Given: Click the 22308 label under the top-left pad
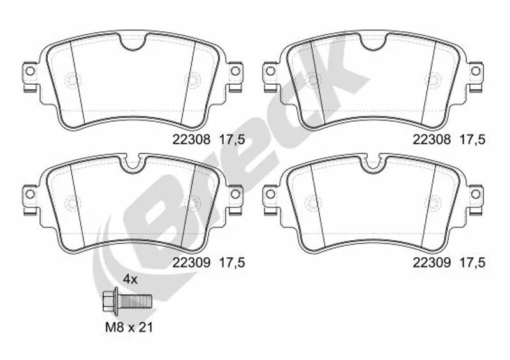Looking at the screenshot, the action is coord(192,140).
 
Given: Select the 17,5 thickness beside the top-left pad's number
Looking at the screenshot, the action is coord(232,140).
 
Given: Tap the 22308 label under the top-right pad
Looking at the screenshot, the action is coord(432,140).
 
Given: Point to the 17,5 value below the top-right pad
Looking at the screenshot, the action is coord(472,140).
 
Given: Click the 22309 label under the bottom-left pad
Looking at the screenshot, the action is coord(192,263).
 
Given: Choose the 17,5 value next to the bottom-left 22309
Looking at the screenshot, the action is coord(232,263).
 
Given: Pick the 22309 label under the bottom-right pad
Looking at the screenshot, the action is coord(432,263).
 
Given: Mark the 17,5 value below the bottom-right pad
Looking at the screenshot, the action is coord(472,263).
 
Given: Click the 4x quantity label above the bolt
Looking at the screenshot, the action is coord(130,279).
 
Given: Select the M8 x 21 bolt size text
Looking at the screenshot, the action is coord(129,327).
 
